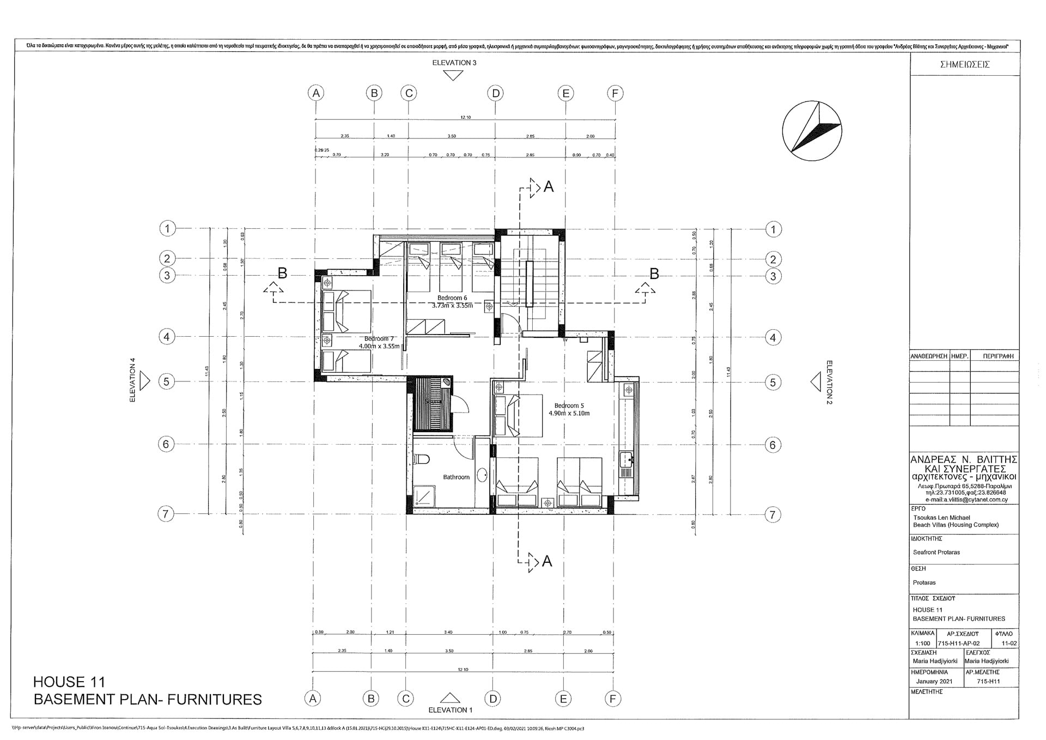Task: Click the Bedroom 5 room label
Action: pyautogui.click(x=569, y=405)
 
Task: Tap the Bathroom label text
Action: pyautogui.click(x=456, y=477)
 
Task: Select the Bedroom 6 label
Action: pyautogui.click(x=452, y=298)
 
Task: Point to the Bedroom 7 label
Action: pyautogui.click(x=379, y=338)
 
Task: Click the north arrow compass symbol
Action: pyautogui.click(x=811, y=132)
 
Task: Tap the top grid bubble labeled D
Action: pyautogui.click(x=495, y=93)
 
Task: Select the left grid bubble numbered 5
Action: pyautogui.click(x=167, y=381)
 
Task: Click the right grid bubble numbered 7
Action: pyautogui.click(x=773, y=514)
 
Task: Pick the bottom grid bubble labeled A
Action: pyautogui.click(x=312, y=699)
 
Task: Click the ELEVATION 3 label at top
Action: pyautogui.click(x=454, y=63)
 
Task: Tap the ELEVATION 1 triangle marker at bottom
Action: pyautogui.click(x=450, y=698)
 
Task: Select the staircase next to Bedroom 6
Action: pyautogui.click(x=530, y=283)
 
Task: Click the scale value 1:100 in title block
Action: pyautogui.click(x=923, y=643)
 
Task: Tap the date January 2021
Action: pyautogui.click(x=934, y=681)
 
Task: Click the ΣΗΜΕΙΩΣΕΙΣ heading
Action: pyautogui.click(x=965, y=64)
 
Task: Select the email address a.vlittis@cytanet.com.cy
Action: pyautogui.click(x=966, y=499)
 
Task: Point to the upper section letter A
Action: pyautogui.click(x=549, y=187)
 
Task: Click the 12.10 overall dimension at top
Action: pyautogui.click(x=465, y=117)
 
